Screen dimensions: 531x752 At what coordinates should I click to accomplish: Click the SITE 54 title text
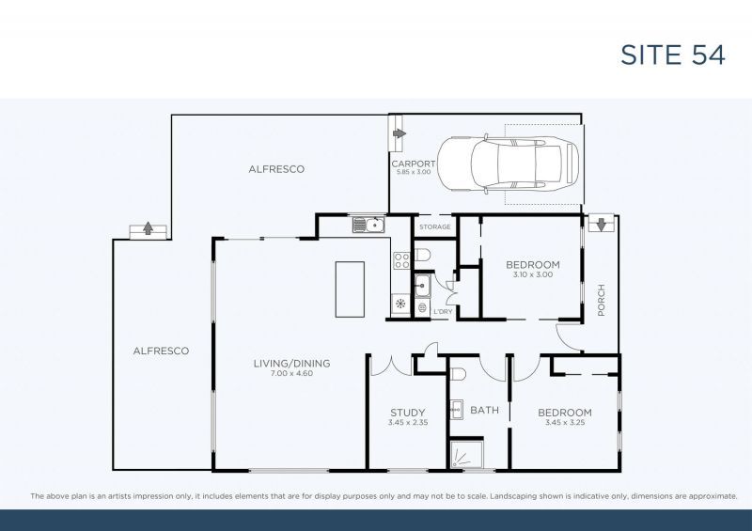tap(672, 54)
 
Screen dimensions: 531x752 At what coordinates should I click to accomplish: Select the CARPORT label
tap(413, 164)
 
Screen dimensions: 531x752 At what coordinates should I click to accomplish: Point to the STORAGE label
tap(435, 227)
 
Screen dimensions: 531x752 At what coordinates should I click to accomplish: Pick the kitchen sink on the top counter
tap(368, 225)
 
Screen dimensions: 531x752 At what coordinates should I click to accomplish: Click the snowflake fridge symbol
tap(399, 304)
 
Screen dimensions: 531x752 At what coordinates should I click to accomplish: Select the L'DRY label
tap(443, 312)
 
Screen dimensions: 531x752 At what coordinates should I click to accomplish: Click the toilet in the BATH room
tap(457, 374)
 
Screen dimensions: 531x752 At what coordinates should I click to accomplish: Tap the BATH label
tap(485, 411)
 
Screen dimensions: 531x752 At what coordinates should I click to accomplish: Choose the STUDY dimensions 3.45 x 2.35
tap(408, 423)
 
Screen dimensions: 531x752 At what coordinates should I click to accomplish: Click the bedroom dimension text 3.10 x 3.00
tap(532, 275)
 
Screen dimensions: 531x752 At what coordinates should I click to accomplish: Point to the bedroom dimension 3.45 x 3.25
tap(564, 423)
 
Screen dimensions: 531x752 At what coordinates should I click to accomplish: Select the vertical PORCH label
tap(602, 300)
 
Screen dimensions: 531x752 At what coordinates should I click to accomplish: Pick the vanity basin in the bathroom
tap(456, 408)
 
